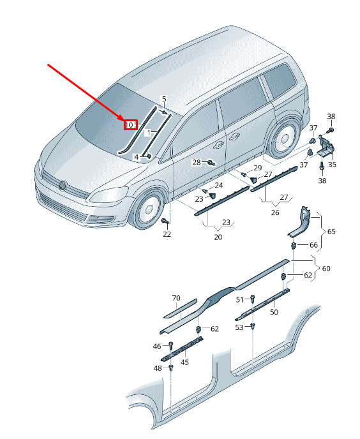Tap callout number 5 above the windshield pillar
click(x=164, y=99)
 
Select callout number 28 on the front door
click(x=197, y=162)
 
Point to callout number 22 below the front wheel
click(x=167, y=234)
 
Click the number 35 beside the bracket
click(x=332, y=165)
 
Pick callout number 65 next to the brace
click(x=331, y=232)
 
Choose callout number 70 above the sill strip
click(x=176, y=298)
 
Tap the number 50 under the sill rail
click(x=274, y=312)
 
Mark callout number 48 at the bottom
click(x=158, y=368)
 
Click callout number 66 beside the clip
click(x=313, y=244)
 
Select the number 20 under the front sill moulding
click(x=218, y=237)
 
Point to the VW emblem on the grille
click(x=62, y=185)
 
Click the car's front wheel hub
click(x=149, y=209)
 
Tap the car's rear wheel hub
click(x=284, y=139)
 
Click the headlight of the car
click(x=109, y=195)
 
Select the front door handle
click(x=218, y=144)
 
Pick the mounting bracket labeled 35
click(x=326, y=146)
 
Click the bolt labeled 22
click(x=165, y=221)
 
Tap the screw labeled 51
click(x=252, y=299)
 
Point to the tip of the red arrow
click(x=124, y=121)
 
